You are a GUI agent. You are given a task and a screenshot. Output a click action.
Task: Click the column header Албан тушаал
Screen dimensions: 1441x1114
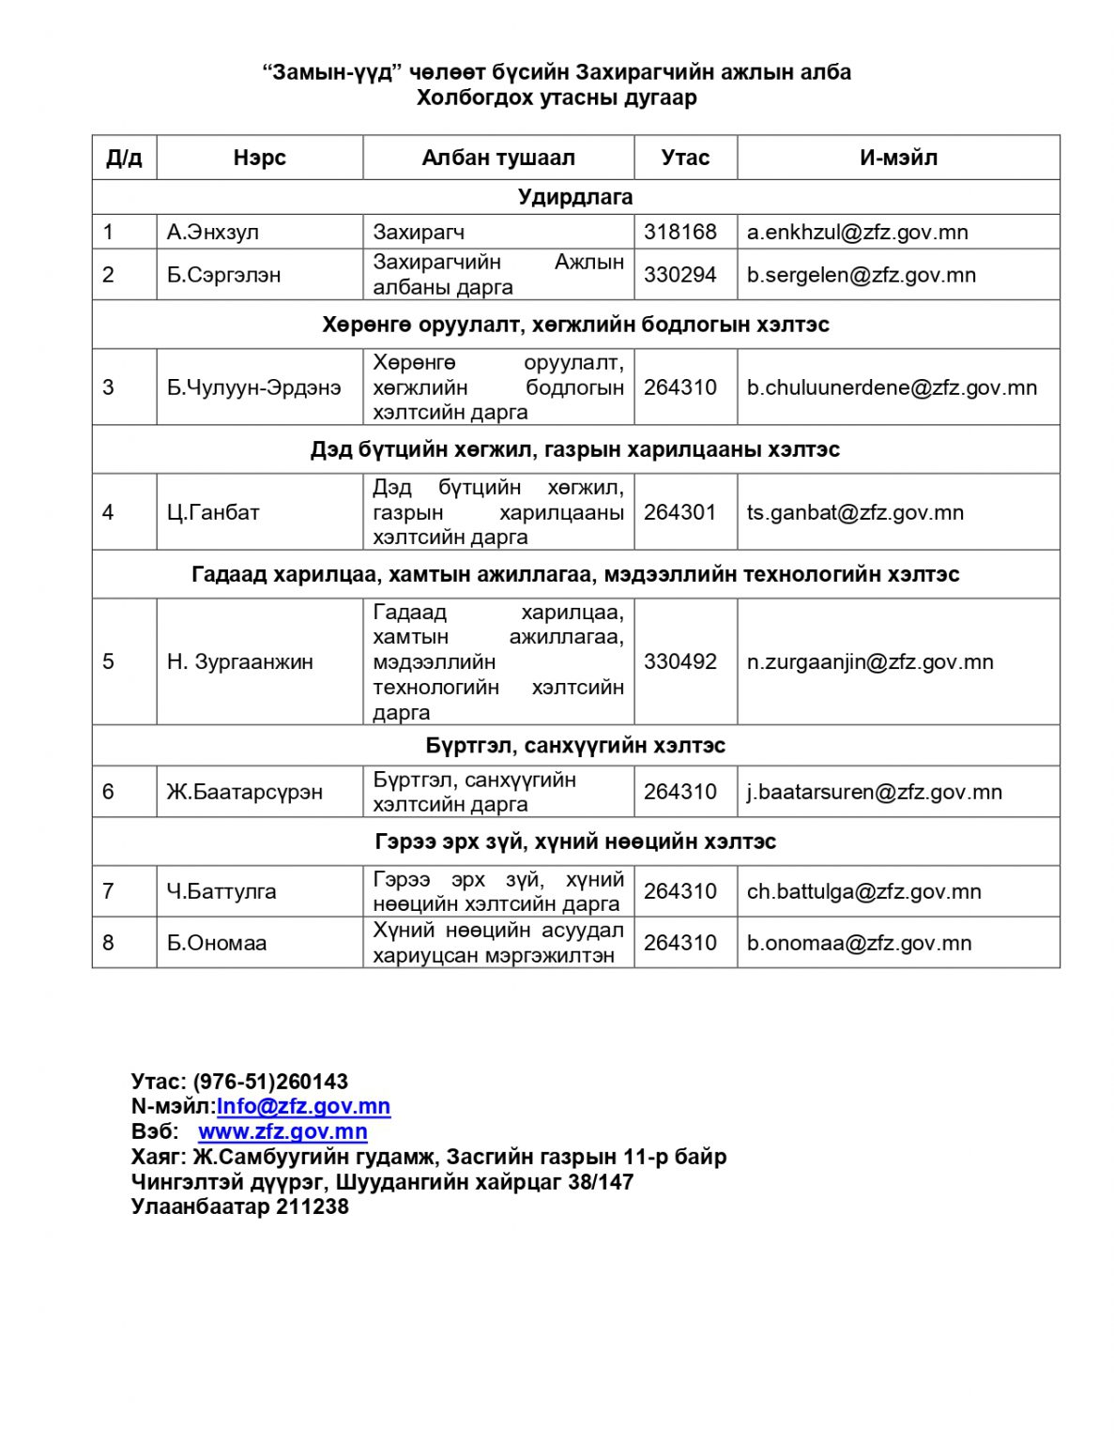click(x=497, y=158)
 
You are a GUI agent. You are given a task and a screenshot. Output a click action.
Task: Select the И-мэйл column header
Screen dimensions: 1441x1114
click(x=897, y=158)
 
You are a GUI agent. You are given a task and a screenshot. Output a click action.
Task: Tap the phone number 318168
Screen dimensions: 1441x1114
click(x=679, y=232)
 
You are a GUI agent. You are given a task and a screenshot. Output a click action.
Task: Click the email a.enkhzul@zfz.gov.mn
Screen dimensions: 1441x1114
click(x=857, y=232)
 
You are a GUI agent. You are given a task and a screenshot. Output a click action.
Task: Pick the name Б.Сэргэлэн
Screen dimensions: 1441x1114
click(x=223, y=275)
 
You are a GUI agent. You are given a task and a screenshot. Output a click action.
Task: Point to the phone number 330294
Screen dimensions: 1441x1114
click(x=679, y=275)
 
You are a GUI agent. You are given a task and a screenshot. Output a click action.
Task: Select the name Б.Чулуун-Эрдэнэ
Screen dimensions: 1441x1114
click(x=253, y=387)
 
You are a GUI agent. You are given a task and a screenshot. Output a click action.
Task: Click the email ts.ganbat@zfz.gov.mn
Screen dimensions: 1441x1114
click(x=855, y=512)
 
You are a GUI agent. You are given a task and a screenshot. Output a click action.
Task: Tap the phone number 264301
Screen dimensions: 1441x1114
click(x=679, y=512)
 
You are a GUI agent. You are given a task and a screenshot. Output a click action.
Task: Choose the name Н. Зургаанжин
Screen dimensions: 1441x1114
click(x=239, y=661)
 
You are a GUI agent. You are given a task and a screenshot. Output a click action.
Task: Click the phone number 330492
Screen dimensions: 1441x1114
click(x=679, y=661)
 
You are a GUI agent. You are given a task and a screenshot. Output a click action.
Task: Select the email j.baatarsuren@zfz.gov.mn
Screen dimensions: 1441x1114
click(x=874, y=792)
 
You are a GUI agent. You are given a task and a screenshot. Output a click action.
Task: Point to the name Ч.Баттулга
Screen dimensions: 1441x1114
click(x=221, y=891)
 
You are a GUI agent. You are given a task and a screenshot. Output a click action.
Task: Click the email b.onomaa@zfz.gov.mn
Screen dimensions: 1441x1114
click(x=859, y=943)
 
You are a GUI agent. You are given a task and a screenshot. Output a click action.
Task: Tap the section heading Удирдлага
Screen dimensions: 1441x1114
click(x=575, y=197)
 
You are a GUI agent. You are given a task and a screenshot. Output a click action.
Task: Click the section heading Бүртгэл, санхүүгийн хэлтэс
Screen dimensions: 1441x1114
click(x=575, y=746)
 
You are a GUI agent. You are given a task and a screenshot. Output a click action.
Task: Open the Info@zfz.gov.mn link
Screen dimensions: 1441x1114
click(x=303, y=1106)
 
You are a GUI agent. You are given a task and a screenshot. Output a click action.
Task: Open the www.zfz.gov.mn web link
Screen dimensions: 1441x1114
click(x=282, y=1131)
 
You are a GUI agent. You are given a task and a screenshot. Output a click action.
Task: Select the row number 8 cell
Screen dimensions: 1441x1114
click(x=108, y=943)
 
